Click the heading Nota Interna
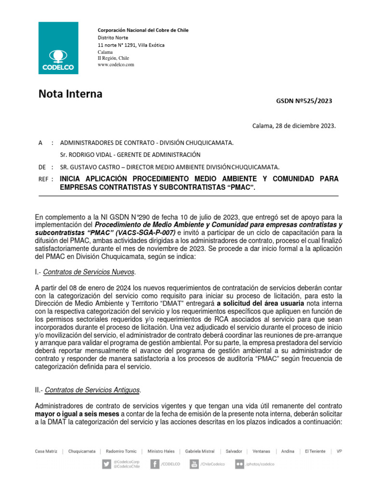70,94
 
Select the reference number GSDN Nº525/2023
304,101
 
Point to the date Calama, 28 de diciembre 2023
294,126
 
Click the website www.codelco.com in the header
116,65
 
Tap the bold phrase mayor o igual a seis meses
75,414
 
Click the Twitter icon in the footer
106,464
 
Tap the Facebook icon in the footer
155,464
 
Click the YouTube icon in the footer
194,464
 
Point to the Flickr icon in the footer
239,464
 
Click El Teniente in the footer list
316,452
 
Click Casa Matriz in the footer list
46,452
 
